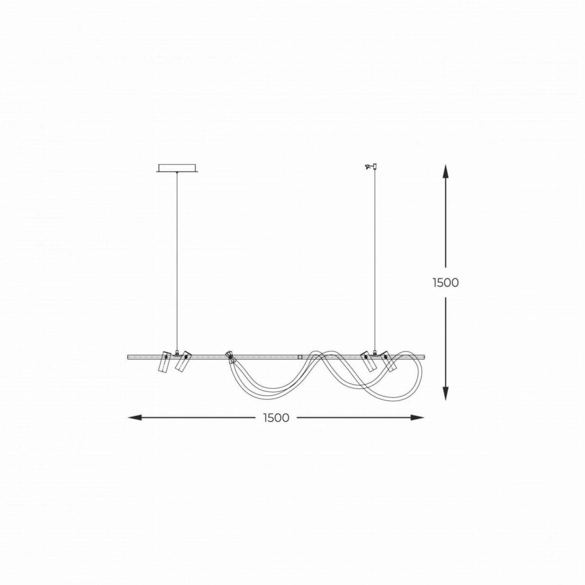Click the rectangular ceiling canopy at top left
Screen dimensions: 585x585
tap(177, 168)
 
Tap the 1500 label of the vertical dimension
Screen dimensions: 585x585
tap(445, 282)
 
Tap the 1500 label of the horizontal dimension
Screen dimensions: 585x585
tap(276, 418)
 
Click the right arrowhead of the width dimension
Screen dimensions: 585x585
tap(418, 418)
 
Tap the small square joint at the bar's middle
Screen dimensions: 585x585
tap(300, 356)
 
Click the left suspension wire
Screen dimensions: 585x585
tap(177, 261)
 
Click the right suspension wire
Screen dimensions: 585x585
tap(375, 261)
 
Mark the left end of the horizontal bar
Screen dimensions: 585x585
tap(129, 356)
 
